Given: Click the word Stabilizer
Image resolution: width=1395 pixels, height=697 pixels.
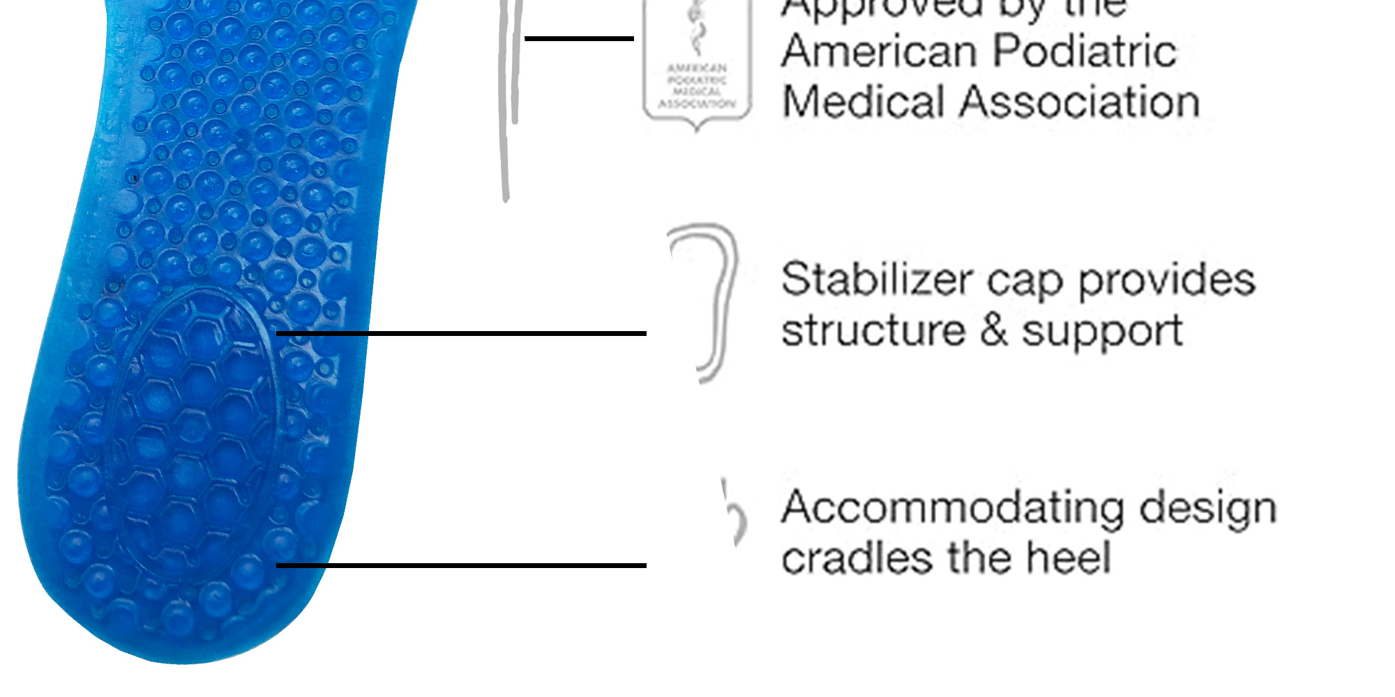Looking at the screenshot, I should tap(876, 280).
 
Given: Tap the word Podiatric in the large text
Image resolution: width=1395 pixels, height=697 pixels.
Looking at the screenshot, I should tap(1085, 52).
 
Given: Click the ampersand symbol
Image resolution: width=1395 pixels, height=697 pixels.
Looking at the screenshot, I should tap(993, 330).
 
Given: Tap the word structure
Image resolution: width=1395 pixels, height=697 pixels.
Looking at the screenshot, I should tap(873, 330).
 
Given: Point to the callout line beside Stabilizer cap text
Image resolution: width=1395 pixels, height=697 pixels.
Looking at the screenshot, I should tap(461, 334).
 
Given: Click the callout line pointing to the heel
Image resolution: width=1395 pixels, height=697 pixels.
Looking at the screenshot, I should tap(461, 565).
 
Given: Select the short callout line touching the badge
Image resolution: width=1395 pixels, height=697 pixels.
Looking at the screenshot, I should tap(579, 38).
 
